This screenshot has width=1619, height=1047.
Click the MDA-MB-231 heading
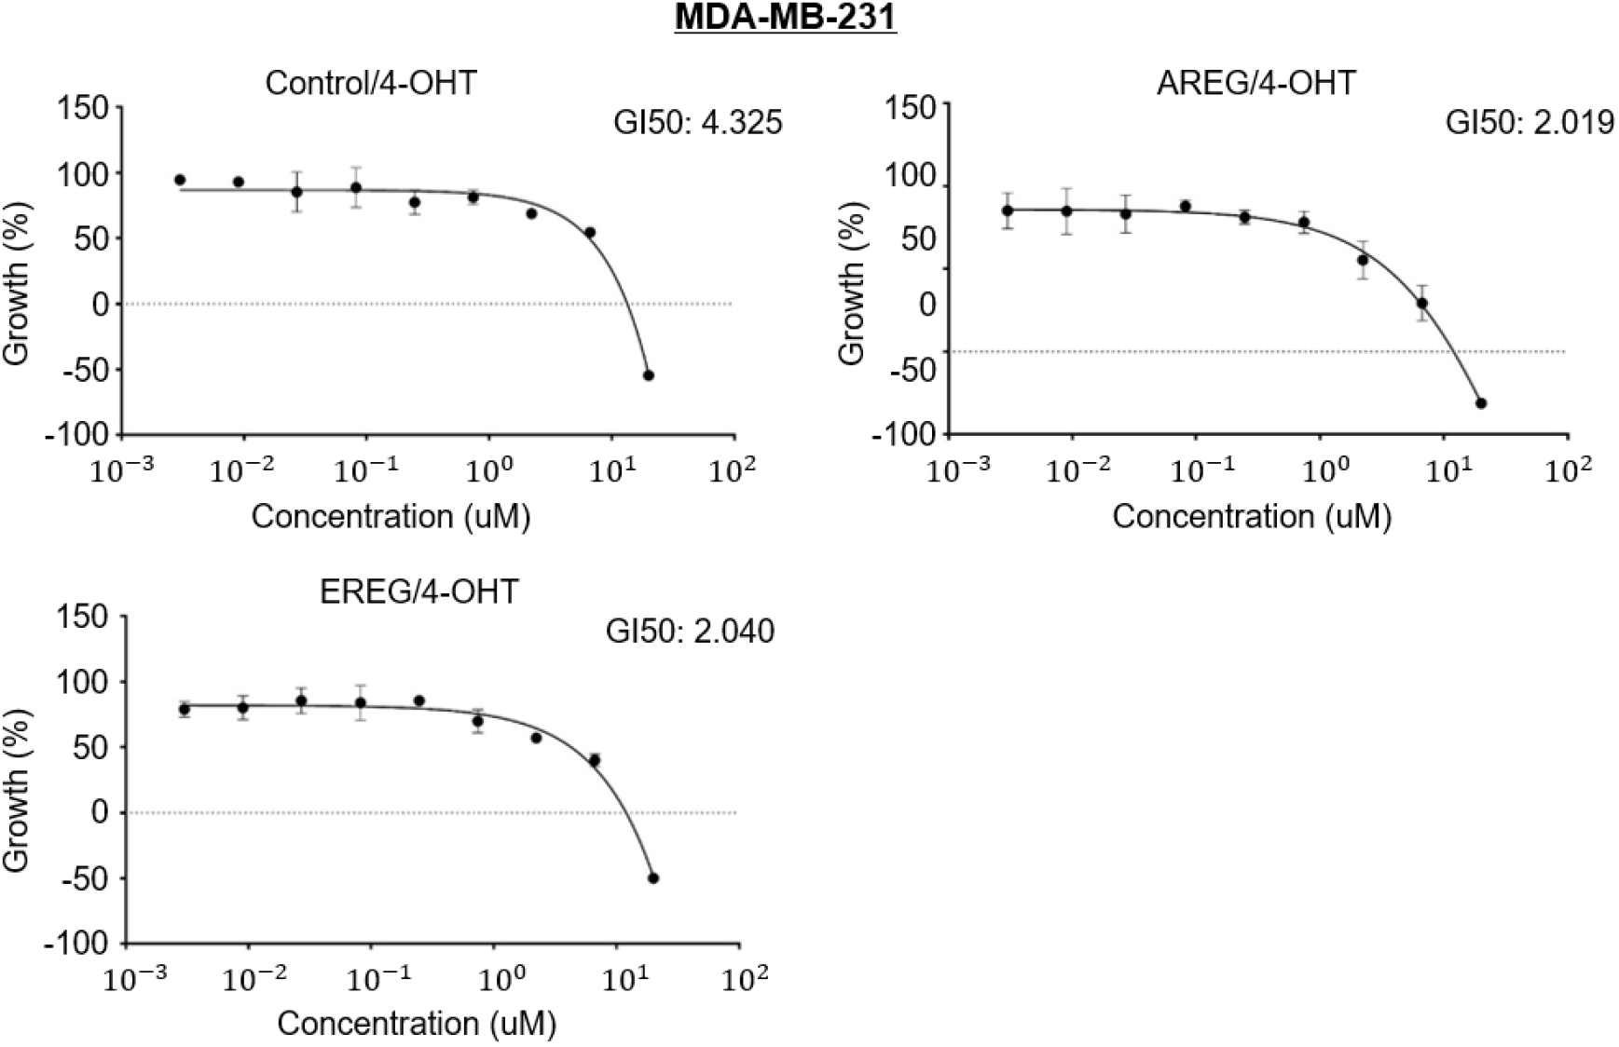(x=785, y=18)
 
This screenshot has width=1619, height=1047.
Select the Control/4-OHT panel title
(x=370, y=83)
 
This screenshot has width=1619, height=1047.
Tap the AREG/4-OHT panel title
(x=1255, y=83)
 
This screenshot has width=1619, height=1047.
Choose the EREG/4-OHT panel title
(x=418, y=591)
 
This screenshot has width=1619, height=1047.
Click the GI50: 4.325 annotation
(x=697, y=122)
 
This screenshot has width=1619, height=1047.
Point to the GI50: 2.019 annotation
(x=1530, y=122)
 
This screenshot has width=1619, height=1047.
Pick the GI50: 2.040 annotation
(x=690, y=631)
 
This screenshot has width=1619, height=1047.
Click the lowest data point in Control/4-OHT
(x=649, y=375)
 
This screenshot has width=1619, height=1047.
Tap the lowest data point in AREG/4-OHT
(x=1481, y=403)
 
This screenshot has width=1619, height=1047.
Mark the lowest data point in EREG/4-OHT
(x=653, y=877)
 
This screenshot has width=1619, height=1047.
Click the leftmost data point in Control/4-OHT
(x=180, y=180)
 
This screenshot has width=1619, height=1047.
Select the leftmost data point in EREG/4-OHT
(x=185, y=710)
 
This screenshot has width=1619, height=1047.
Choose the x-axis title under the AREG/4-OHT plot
(x=1251, y=516)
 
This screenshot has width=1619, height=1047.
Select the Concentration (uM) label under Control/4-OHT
(x=391, y=516)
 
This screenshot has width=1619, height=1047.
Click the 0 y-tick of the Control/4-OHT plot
(x=100, y=304)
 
